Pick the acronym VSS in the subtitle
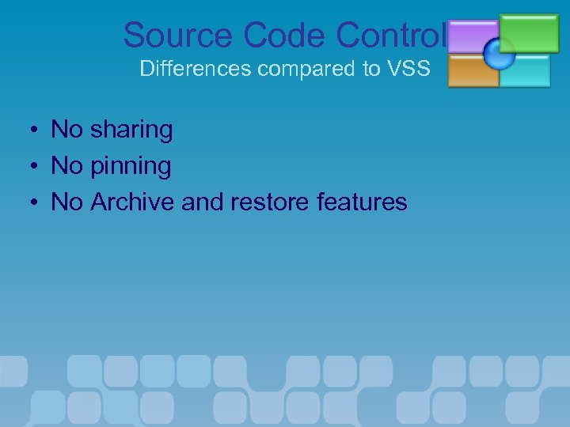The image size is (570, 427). click(408, 69)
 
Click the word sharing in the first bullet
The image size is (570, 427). click(131, 130)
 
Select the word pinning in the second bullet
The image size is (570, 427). click(131, 166)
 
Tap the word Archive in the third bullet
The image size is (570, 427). click(133, 202)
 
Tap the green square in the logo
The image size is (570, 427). click(529, 32)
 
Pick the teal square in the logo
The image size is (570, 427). click(525, 70)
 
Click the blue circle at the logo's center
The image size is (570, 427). click(500, 54)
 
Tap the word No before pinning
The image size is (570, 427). click(66, 166)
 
